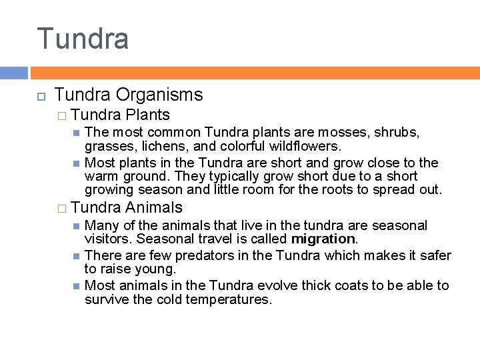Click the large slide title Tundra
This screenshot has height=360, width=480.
[x=83, y=39]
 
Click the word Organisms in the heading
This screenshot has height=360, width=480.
[x=163, y=95]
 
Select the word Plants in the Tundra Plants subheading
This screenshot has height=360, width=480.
[x=147, y=115]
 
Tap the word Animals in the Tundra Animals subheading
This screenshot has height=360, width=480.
[x=153, y=208]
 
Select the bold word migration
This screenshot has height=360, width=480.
[x=323, y=239]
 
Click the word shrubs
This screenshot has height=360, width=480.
[x=397, y=133]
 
